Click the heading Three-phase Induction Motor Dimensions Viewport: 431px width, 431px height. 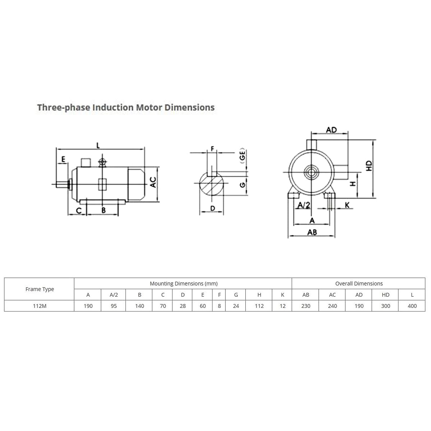126,108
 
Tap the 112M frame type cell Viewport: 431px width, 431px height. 40,306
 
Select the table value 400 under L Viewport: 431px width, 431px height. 412,306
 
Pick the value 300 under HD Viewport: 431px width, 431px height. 385,306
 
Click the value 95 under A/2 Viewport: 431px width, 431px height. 113,306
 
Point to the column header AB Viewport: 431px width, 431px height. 306,295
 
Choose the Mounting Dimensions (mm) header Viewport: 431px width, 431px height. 184,284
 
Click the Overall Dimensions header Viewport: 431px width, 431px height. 359,284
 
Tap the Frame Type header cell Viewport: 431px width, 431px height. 40,289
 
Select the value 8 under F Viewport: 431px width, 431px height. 219,306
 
